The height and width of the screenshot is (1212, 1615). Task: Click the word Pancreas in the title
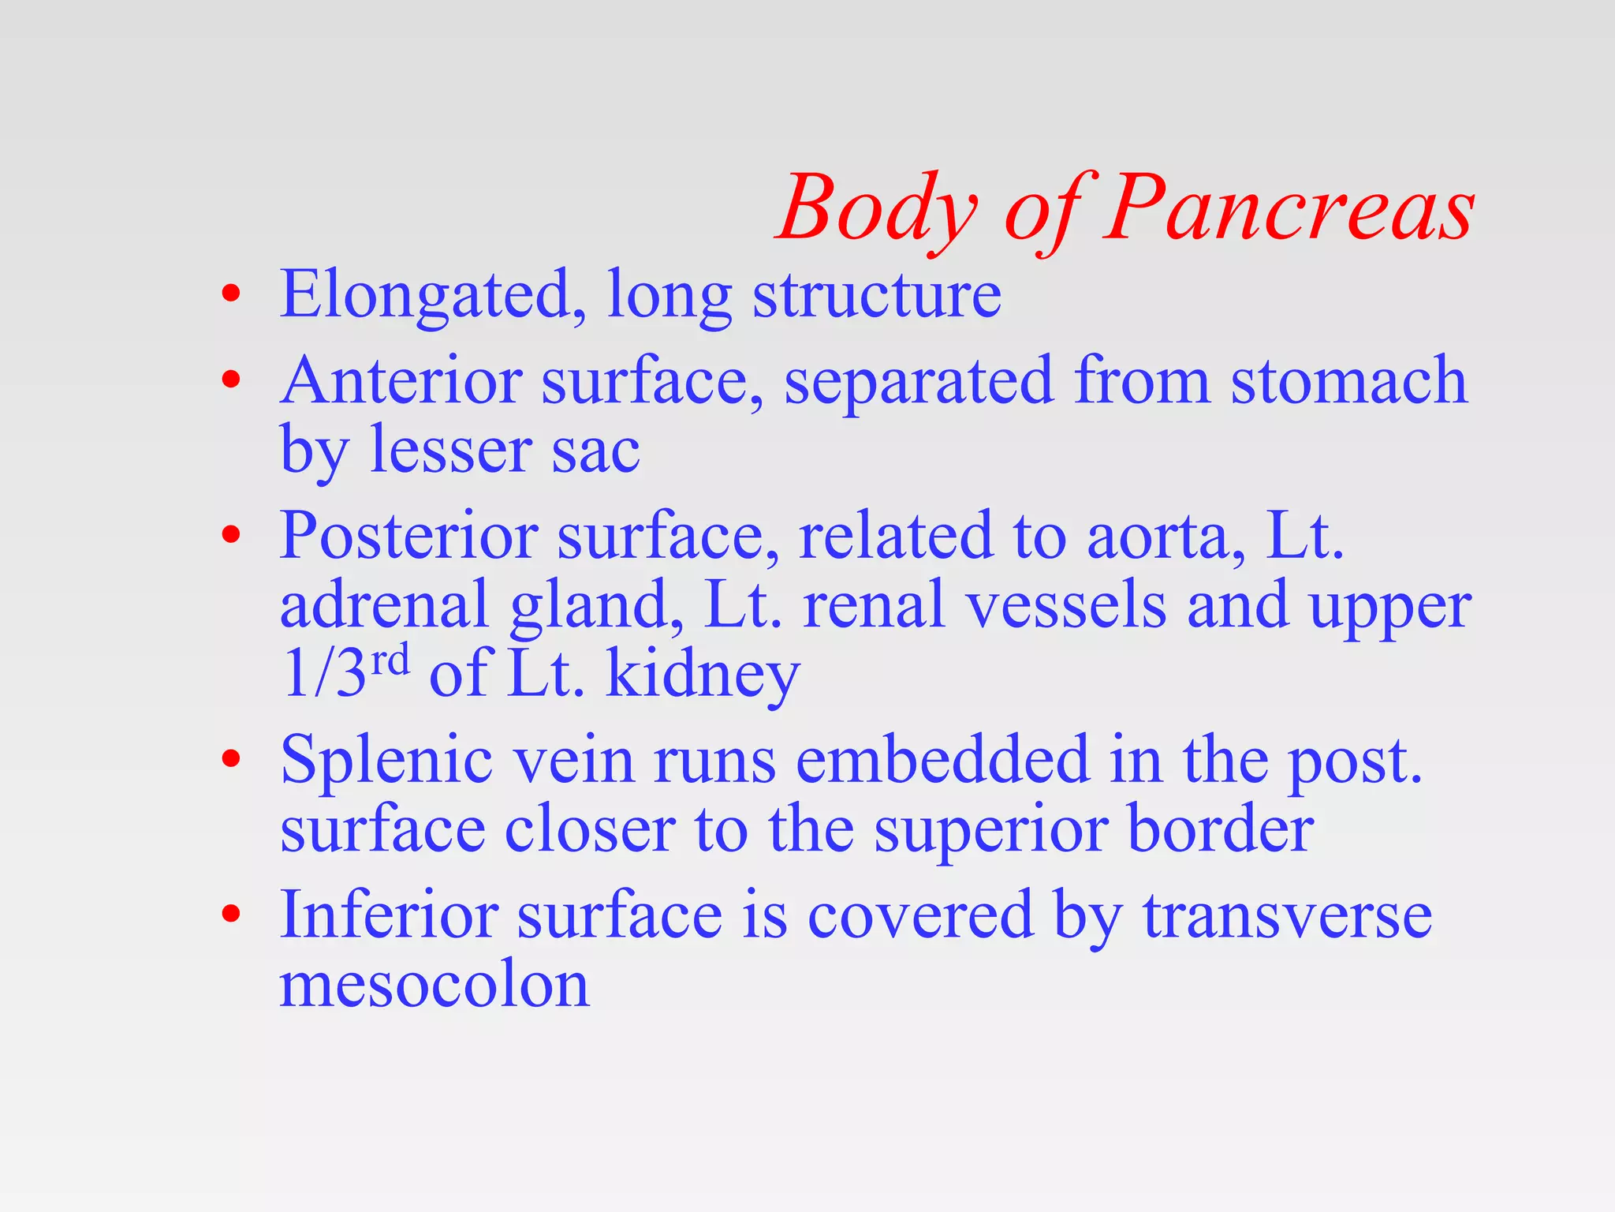pyautogui.click(x=1289, y=209)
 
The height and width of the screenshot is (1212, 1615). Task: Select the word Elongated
pyautogui.click(x=425, y=296)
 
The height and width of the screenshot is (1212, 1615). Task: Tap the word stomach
pyautogui.click(x=1348, y=381)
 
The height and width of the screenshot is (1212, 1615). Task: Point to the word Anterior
pyautogui.click(x=401, y=381)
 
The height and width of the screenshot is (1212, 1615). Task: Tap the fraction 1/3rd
pyautogui.click(x=345, y=672)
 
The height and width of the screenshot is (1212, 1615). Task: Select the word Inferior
pyautogui.click(x=389, y=915)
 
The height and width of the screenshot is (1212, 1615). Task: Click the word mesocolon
pyautogui.click(x=435, y=986)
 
